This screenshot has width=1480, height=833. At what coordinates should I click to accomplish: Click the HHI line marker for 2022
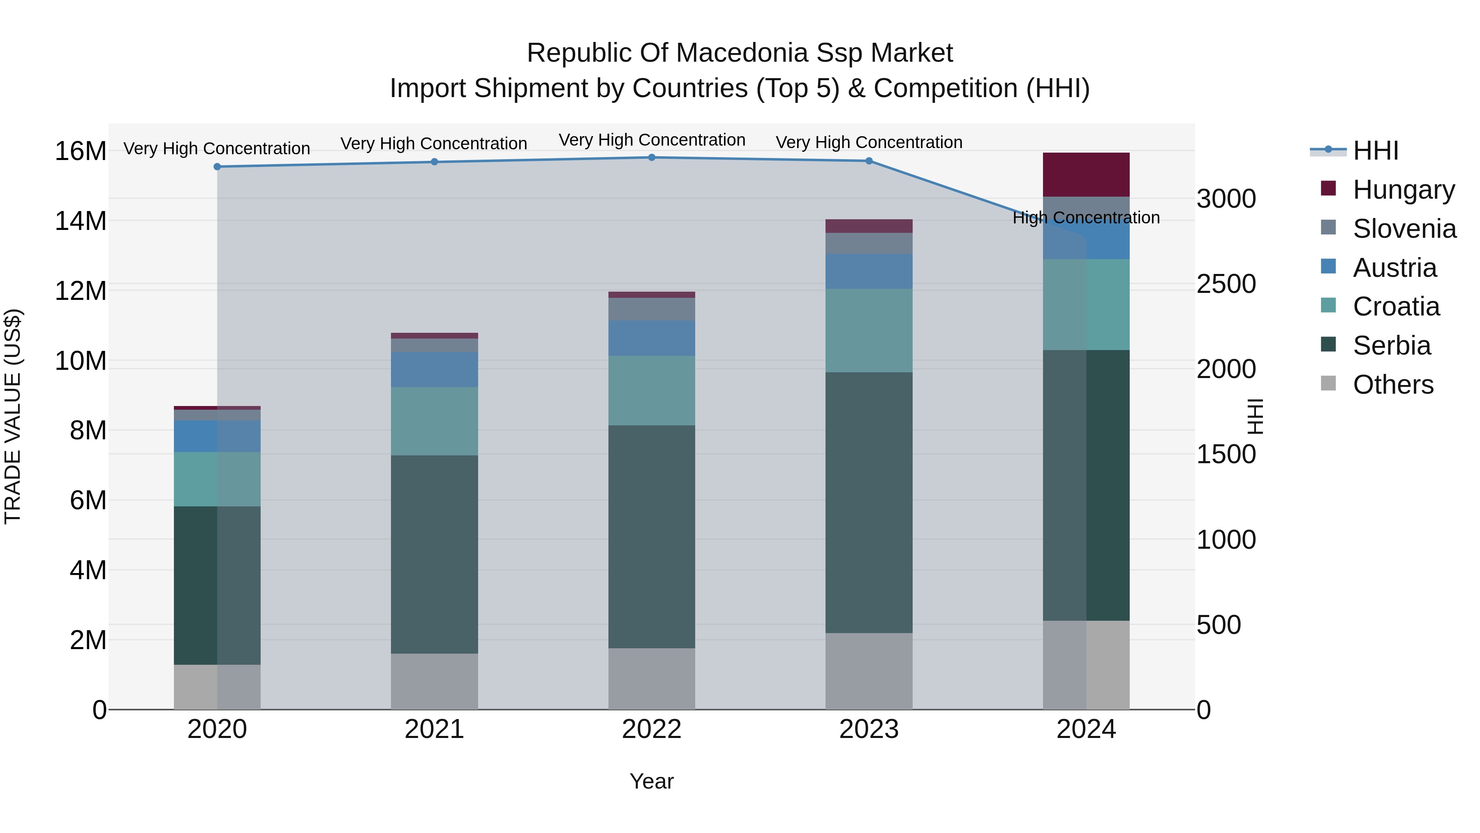click(x=652, y=158)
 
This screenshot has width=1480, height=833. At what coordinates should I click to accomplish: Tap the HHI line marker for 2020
click(x=217, y=167)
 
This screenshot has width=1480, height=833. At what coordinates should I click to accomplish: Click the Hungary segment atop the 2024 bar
click(x=1086, y=175)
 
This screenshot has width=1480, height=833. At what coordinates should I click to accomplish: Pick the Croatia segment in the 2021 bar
click(x=435, y=421)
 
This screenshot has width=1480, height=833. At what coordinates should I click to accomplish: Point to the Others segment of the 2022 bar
click(x=652, y=678)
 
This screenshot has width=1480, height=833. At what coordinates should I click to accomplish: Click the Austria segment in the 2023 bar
click(x=869, y=271)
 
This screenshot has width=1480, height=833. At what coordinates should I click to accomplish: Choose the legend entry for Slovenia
click(x=1404, y=229)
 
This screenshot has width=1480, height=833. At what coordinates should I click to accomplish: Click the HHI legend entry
click(x=1376, y=151)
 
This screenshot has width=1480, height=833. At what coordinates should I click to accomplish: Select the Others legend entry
click(x=1393, y=385)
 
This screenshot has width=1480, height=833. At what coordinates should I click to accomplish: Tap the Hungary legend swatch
click(x=1328, y=188)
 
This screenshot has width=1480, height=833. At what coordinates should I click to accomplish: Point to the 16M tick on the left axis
click(x=81, y=151)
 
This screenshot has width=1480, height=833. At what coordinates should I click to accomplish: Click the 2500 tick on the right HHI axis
click(x=1226, y=284)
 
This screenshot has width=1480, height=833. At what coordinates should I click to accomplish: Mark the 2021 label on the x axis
click(x=435, y=729)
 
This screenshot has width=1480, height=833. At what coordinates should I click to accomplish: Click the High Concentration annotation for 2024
click(x=1086, y=218)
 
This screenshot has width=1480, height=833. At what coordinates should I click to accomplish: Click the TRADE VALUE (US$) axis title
click(x=13, y=416)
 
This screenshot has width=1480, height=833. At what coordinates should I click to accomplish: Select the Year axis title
click(x=652, y=781)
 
